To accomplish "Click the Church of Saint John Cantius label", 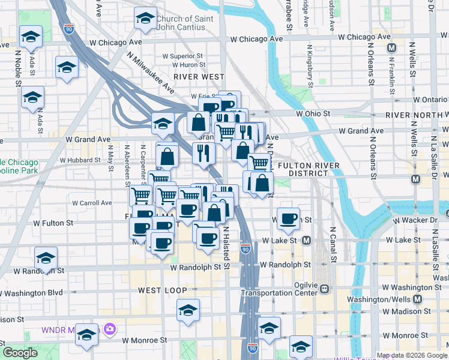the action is [184, 23].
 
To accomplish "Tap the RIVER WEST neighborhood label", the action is [199, 77].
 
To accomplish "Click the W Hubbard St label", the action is [80, 160].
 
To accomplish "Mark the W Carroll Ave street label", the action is [92, 203].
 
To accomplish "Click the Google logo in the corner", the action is [20, 353].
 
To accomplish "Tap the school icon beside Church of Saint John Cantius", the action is [145, 20].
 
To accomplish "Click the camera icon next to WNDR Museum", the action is [110, 329].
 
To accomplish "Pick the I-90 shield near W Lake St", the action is [246, 248].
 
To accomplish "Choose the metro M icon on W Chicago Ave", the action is [392, 47].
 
